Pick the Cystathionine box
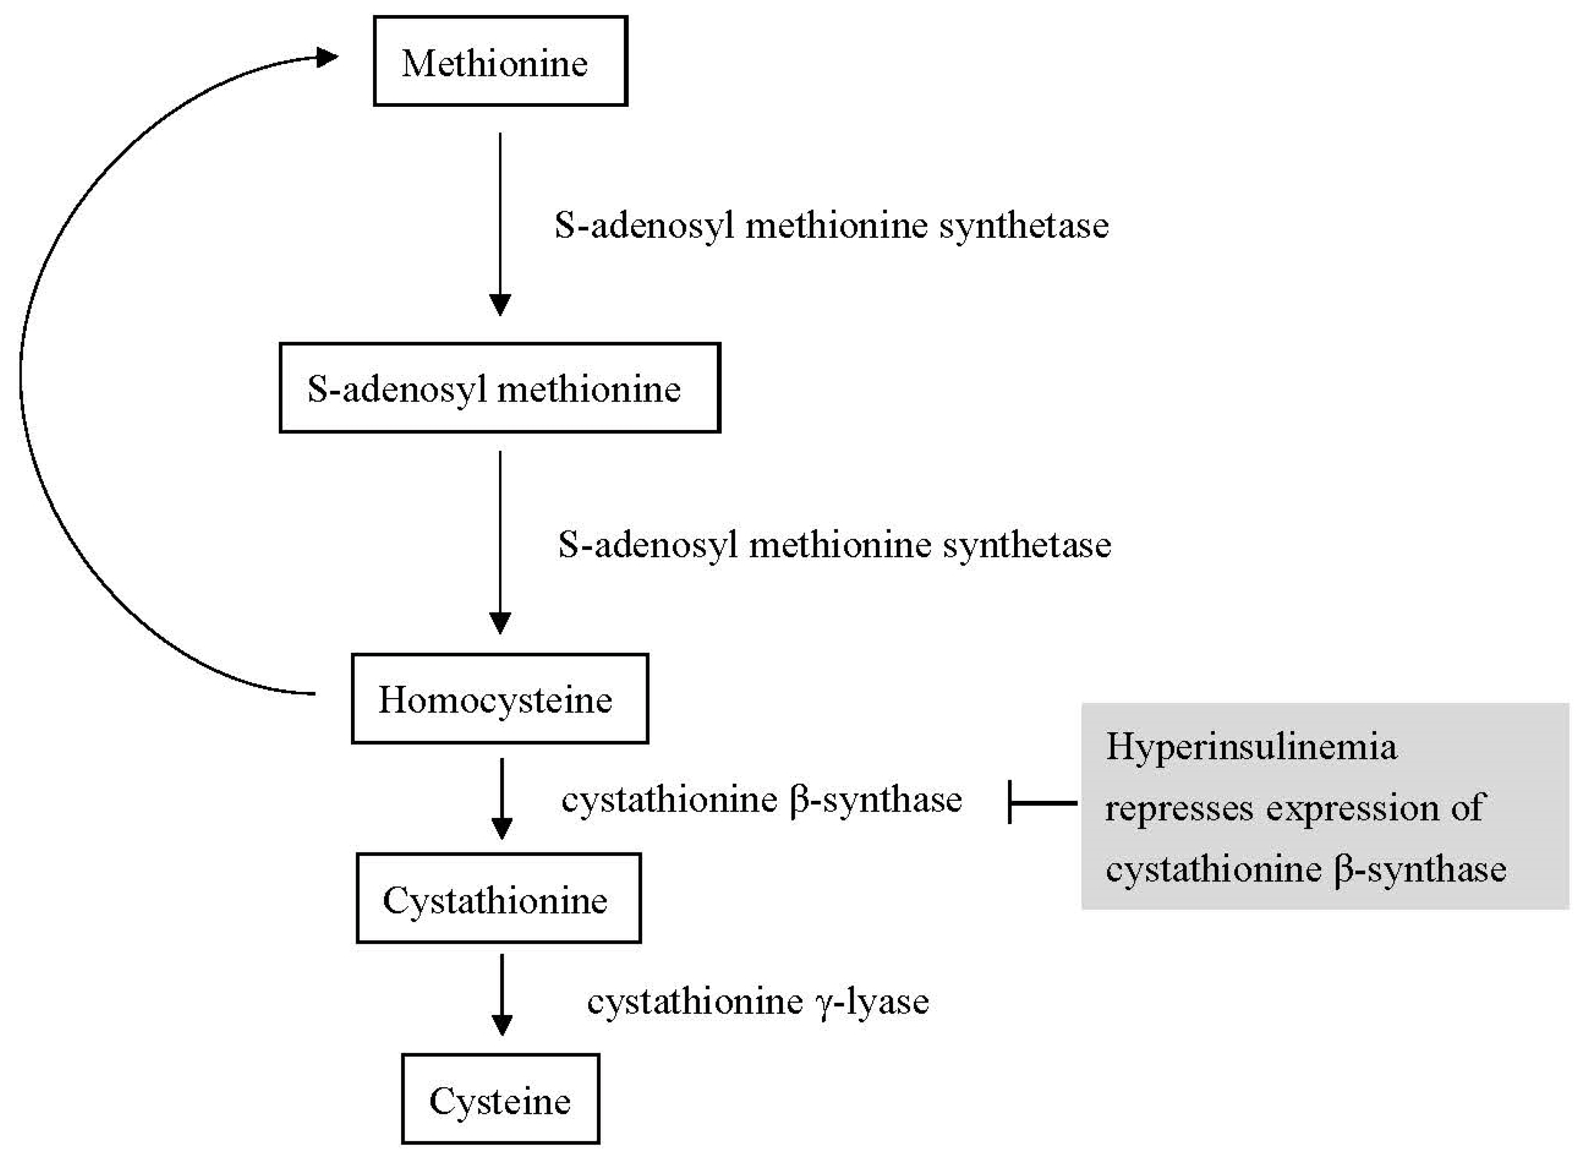(499, 899)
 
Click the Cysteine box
(501, 1100)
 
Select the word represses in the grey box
(1179, 808)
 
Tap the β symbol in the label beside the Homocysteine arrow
(800, 800)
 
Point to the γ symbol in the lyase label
(824, 1004)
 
